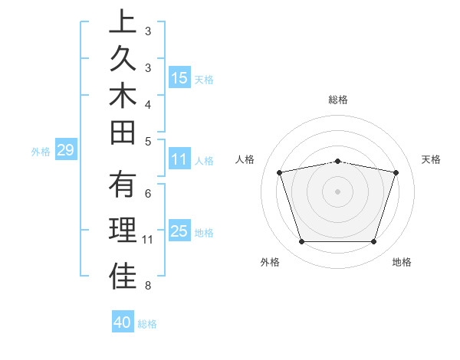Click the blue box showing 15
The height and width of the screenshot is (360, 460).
[179, 77]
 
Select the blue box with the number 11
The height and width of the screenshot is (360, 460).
[179, 159]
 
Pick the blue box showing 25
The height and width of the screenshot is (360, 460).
[179, 231]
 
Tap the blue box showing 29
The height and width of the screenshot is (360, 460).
[65, 150]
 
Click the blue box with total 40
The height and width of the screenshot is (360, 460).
[123, 322]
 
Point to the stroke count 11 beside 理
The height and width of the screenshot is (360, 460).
[147, 240]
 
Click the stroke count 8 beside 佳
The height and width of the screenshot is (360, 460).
[147, 286]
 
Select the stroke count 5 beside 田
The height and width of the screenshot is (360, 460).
[147, 141]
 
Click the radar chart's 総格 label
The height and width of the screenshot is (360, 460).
[338, 100]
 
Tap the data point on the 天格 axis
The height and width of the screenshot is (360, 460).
[396, 172]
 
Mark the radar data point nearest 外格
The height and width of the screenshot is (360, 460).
[301, 242]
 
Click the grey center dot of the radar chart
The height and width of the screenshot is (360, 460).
[338, 191]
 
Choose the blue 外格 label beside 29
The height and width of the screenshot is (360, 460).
[41, 151]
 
